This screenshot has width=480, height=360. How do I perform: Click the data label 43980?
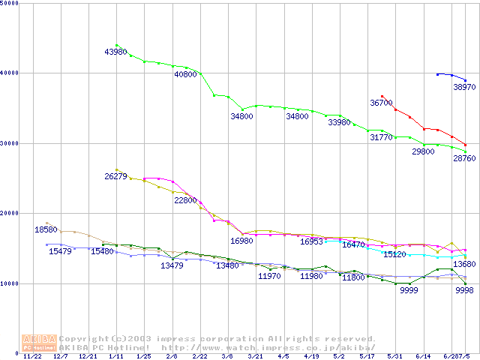click(x=116, y=52)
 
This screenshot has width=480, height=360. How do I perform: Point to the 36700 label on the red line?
click(x=381, y=103)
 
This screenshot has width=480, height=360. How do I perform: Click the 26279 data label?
click(x=115, y=176)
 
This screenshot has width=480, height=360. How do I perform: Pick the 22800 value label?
click(x=185, y=201)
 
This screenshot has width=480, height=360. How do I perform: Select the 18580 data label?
click(x=46, y=229)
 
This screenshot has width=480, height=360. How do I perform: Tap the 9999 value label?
click(x=409, y=290)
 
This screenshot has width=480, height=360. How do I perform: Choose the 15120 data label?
click(x=394, y=255)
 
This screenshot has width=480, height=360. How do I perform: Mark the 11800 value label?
click(x=353, y=277)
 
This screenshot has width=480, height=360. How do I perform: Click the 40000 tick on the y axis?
click(x=10, y=73)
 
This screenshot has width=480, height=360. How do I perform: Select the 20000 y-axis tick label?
click(x=10, y=213)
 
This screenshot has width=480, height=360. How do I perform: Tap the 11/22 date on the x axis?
click(x=32, y=357)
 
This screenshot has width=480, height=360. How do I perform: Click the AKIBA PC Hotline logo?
click(x=39, y=343)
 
